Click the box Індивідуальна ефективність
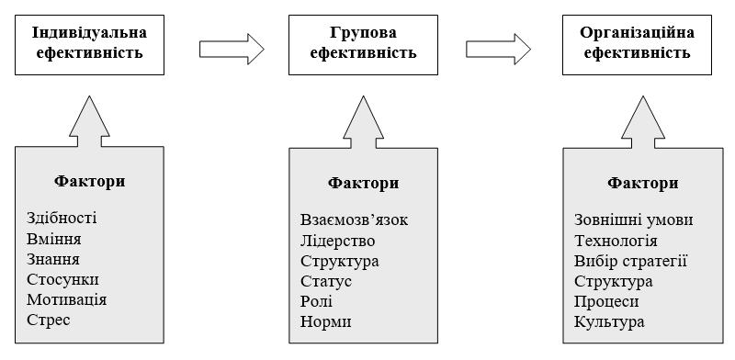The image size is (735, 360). [x=88, y=43]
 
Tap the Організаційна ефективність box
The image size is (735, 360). [x=638, y=43]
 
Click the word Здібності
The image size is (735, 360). [x=62, y=218]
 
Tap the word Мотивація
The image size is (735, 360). [x=67, y=299]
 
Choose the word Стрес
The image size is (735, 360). [x=49, y=321]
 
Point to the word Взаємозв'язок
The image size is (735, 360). [x=354, y=220]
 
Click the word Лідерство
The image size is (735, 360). [x=338, y=241]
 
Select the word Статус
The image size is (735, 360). [x=326, y=281]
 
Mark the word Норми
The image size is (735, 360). [x=325, y=322]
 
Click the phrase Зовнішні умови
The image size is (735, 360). [x=633, y=220]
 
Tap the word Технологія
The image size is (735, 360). [x=616, y=241]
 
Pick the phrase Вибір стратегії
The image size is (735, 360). [x=630, y=261]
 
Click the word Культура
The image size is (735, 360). [x=609, y=322]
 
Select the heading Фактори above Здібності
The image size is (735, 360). [x=90, y=181]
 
